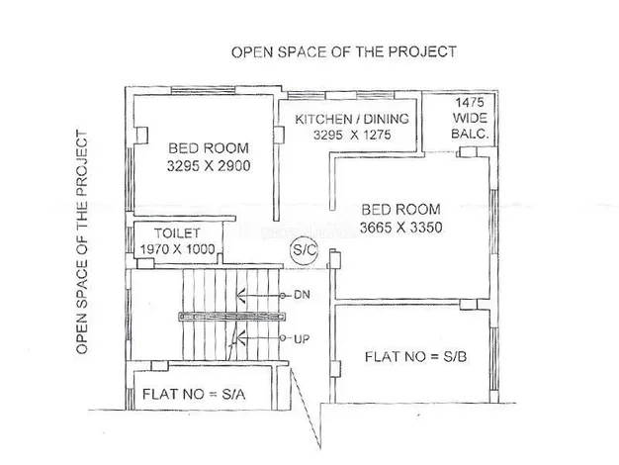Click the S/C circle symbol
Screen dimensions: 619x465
tap(304, 250)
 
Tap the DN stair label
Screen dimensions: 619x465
tap(302, 295)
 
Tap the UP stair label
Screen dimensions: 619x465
tap(302, 338)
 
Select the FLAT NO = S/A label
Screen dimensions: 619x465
tap(194, 394)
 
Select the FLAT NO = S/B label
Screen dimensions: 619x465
tap(415, 357)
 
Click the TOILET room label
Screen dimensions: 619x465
tap(177, 233)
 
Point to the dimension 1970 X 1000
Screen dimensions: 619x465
tap(177, 249)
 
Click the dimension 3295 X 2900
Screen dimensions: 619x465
tap(209, 165)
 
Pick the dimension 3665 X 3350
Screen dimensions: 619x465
tap(400, 228)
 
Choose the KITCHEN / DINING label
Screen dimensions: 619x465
tap(352, 119)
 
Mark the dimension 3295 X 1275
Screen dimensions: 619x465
tap(352, 136)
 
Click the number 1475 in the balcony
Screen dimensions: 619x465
tap(470, 102)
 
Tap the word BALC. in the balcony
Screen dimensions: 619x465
tap(470, 134)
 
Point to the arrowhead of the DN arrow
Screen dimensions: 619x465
tap(240, 295)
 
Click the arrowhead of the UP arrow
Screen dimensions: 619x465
tap(241, 338)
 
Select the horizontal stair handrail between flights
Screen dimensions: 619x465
tap(232, 317)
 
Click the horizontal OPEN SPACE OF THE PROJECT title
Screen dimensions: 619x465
tap(344, 52)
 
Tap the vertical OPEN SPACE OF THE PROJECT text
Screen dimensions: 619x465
tap(81, 242)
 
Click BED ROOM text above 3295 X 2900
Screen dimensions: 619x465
tap(209, 148)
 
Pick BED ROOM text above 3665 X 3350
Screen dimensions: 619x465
tap(400, 210)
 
